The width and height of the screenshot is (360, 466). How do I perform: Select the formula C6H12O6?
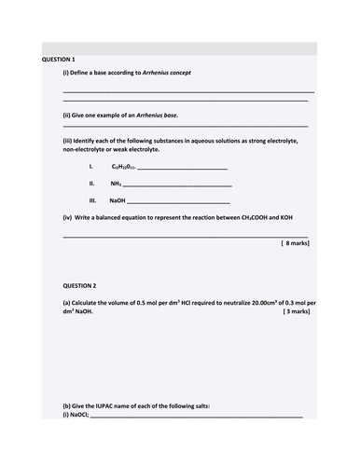coord(123,166)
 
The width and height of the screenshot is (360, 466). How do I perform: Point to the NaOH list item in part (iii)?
coord(118,200)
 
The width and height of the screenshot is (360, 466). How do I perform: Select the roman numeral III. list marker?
coord(92,200)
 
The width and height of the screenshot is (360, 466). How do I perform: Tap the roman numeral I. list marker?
coord(90,166)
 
